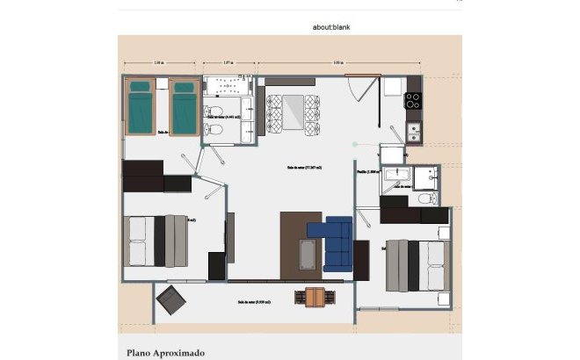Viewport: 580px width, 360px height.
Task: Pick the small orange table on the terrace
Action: tap(314, 298)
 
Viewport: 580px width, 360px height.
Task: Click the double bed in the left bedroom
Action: tap(157, 241)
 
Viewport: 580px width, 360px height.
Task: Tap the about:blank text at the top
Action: tap(331, 27)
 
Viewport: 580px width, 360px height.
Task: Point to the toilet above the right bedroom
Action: tap(426, 199)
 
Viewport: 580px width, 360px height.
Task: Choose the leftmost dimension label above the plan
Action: tap(157, 63)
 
